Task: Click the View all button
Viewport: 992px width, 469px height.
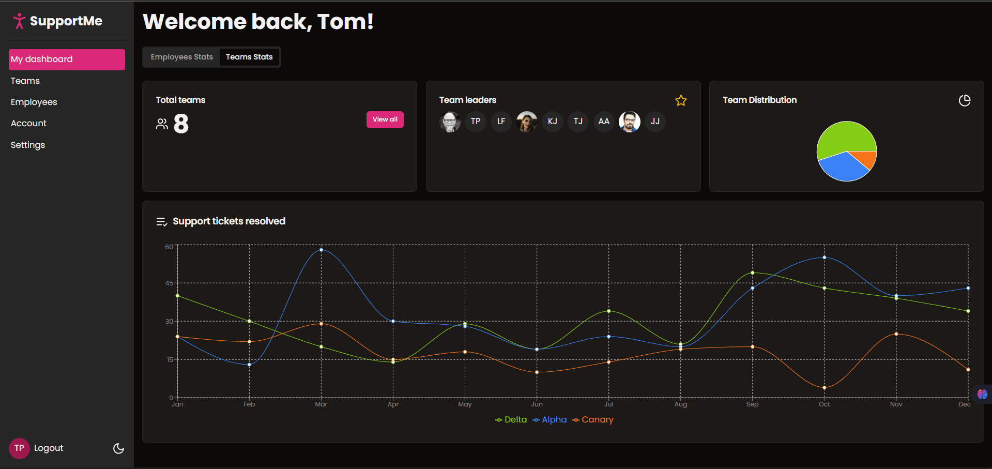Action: tap(385, 119)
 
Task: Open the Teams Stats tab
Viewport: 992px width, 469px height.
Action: tap(249, 57)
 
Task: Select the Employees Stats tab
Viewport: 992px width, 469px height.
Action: tap(181, 57)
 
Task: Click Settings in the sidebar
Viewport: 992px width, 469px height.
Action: tap(28, 145)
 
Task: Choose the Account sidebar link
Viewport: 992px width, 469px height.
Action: tap(28, 123)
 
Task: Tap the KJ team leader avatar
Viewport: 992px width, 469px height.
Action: tap(552, 122)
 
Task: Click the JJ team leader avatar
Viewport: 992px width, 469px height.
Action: tap(655, 122)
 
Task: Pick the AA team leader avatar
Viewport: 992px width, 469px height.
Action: tap(603, 122)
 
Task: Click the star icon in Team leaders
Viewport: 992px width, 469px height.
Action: tap(681, 101)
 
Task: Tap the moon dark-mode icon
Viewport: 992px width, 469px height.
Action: tap(118, 448)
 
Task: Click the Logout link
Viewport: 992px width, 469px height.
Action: tap(49, 448)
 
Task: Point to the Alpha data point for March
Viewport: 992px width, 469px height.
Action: tap(321, 250)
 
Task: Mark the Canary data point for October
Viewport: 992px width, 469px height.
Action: tap(824, 387)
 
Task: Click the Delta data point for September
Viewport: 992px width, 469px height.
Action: tap(752, 273)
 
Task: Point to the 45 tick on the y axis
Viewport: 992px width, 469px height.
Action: tap(169, 283)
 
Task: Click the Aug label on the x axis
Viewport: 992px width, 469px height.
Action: tap(680, 404)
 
